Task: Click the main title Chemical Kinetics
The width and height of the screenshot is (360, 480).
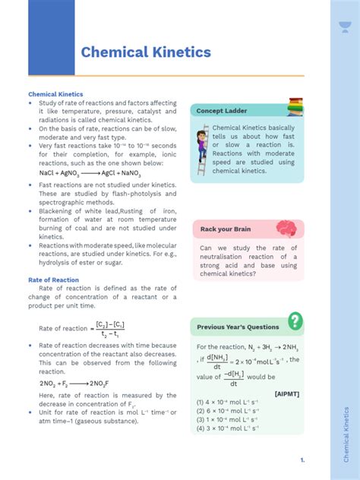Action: [146, 52]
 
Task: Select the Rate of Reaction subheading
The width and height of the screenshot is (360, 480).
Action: [54, 279]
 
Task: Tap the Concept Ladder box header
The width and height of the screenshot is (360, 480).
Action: [222, 111]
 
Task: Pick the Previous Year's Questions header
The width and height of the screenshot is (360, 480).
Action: [238, 327]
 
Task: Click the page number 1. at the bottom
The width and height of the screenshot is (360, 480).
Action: [302, 460]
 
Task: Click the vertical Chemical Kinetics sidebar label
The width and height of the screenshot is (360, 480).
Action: [346, 434]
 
